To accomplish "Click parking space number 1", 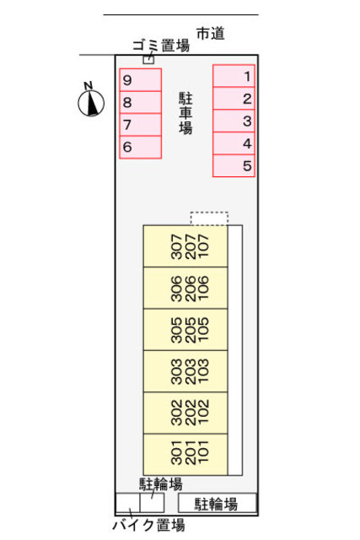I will tap(234, 76).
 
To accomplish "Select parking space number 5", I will tap(234, 165).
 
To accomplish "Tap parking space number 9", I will tap(140, 80).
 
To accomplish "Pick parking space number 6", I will tap(140, 147).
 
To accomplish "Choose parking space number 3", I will tap(234, 121).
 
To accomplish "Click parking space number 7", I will tap(140, 125).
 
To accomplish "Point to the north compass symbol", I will tap(89, 101).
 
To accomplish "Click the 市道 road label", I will tap(211, 34).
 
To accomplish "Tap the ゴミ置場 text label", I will tap(160, 46).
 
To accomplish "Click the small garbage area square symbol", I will tap(148, 60).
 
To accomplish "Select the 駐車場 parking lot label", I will tap(185, 113).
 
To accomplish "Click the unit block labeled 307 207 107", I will tap(185, 246).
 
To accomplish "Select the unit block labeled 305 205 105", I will tap(185, 330).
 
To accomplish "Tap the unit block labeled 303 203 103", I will tap(185, 371).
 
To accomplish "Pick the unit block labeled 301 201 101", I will tap(185, 454).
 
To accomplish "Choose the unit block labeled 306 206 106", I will tap(185, 289).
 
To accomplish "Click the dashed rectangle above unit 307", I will tap(209, 219).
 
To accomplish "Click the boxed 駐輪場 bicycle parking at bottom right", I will tap(217, 504).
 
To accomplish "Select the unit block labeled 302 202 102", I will tap(185, 413).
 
